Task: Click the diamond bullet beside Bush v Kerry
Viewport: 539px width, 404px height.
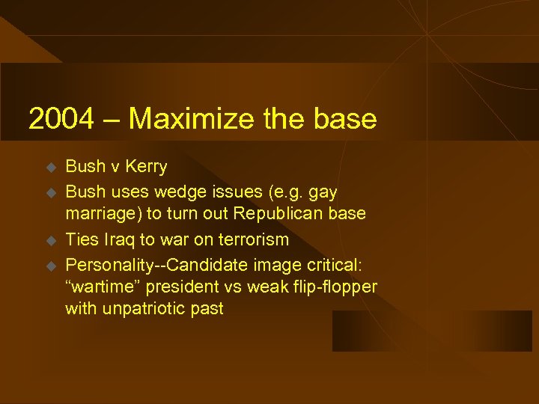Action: (x=52, y=167)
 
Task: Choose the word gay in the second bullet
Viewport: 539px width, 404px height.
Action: (x=321, y=191)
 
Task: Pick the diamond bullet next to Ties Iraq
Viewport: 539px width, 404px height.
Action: (x=52, y=240)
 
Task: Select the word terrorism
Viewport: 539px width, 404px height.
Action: (x=252, y=239)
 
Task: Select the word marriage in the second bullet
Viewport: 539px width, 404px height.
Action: (x=103, y=214)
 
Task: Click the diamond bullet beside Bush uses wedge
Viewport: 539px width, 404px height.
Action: (x=52, y=192)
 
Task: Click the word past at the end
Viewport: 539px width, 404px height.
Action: (x=207, y=309)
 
